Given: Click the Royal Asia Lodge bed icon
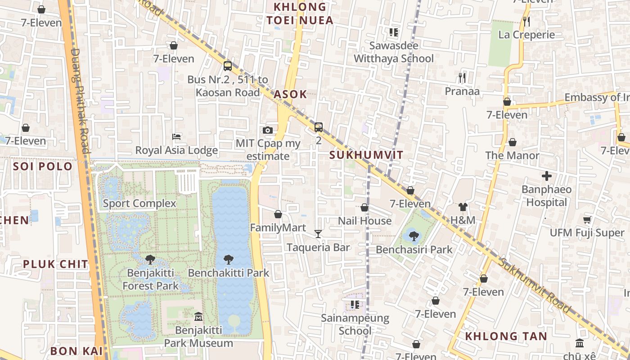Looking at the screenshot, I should tap(176, 136).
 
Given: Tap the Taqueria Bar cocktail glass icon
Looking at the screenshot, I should tap(318, 234).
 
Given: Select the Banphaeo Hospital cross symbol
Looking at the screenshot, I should tap(547, 175).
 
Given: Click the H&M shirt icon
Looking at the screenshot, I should tap(463, 207).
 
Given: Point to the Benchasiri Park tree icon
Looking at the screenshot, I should tap(414, 235).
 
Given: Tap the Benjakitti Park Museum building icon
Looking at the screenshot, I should tap(198, 317).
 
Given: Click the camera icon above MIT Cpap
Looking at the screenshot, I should tap(268, 130).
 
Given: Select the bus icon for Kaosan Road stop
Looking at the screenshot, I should tap(228, 66).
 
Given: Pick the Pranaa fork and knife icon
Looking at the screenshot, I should tap(462, 77).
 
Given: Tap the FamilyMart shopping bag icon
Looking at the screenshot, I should tap(278, 214).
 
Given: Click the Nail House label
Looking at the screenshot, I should tap(364, 221).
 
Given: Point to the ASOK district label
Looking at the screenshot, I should tap(290, 94).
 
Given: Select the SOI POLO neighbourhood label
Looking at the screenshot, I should tap(43, 166).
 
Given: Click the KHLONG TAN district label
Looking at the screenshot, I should tap(506, 336).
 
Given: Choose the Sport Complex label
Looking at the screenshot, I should tap(139, 203).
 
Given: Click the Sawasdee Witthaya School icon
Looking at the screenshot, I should tap(394, 32).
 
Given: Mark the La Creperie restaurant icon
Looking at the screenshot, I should tap(526, 21).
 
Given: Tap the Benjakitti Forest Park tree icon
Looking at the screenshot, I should tap(150, 260).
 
